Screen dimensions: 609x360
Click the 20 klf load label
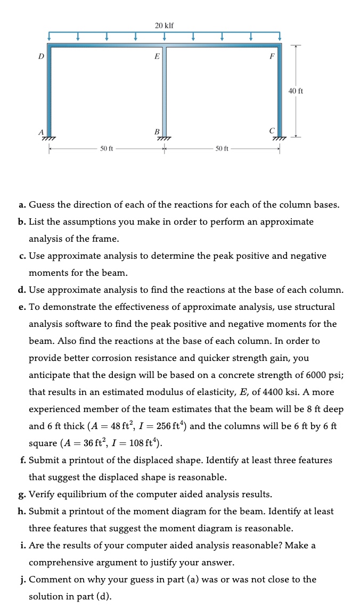[x=164, y=26]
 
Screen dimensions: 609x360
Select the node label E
[x=156, y=56]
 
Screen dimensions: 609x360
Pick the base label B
[x=157, y=131]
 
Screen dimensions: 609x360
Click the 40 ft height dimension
[x=296, y=91]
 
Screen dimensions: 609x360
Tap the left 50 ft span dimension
[x=107, y=149]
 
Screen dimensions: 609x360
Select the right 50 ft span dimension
[x=222, y=149]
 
